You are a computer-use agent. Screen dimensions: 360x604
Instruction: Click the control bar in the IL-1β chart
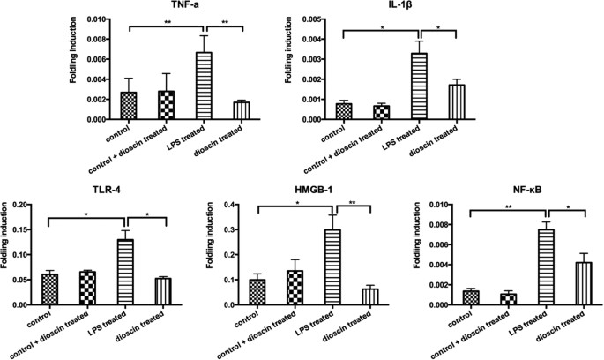[343, 111]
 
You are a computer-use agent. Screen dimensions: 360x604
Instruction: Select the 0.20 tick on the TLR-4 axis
[18, 205]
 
